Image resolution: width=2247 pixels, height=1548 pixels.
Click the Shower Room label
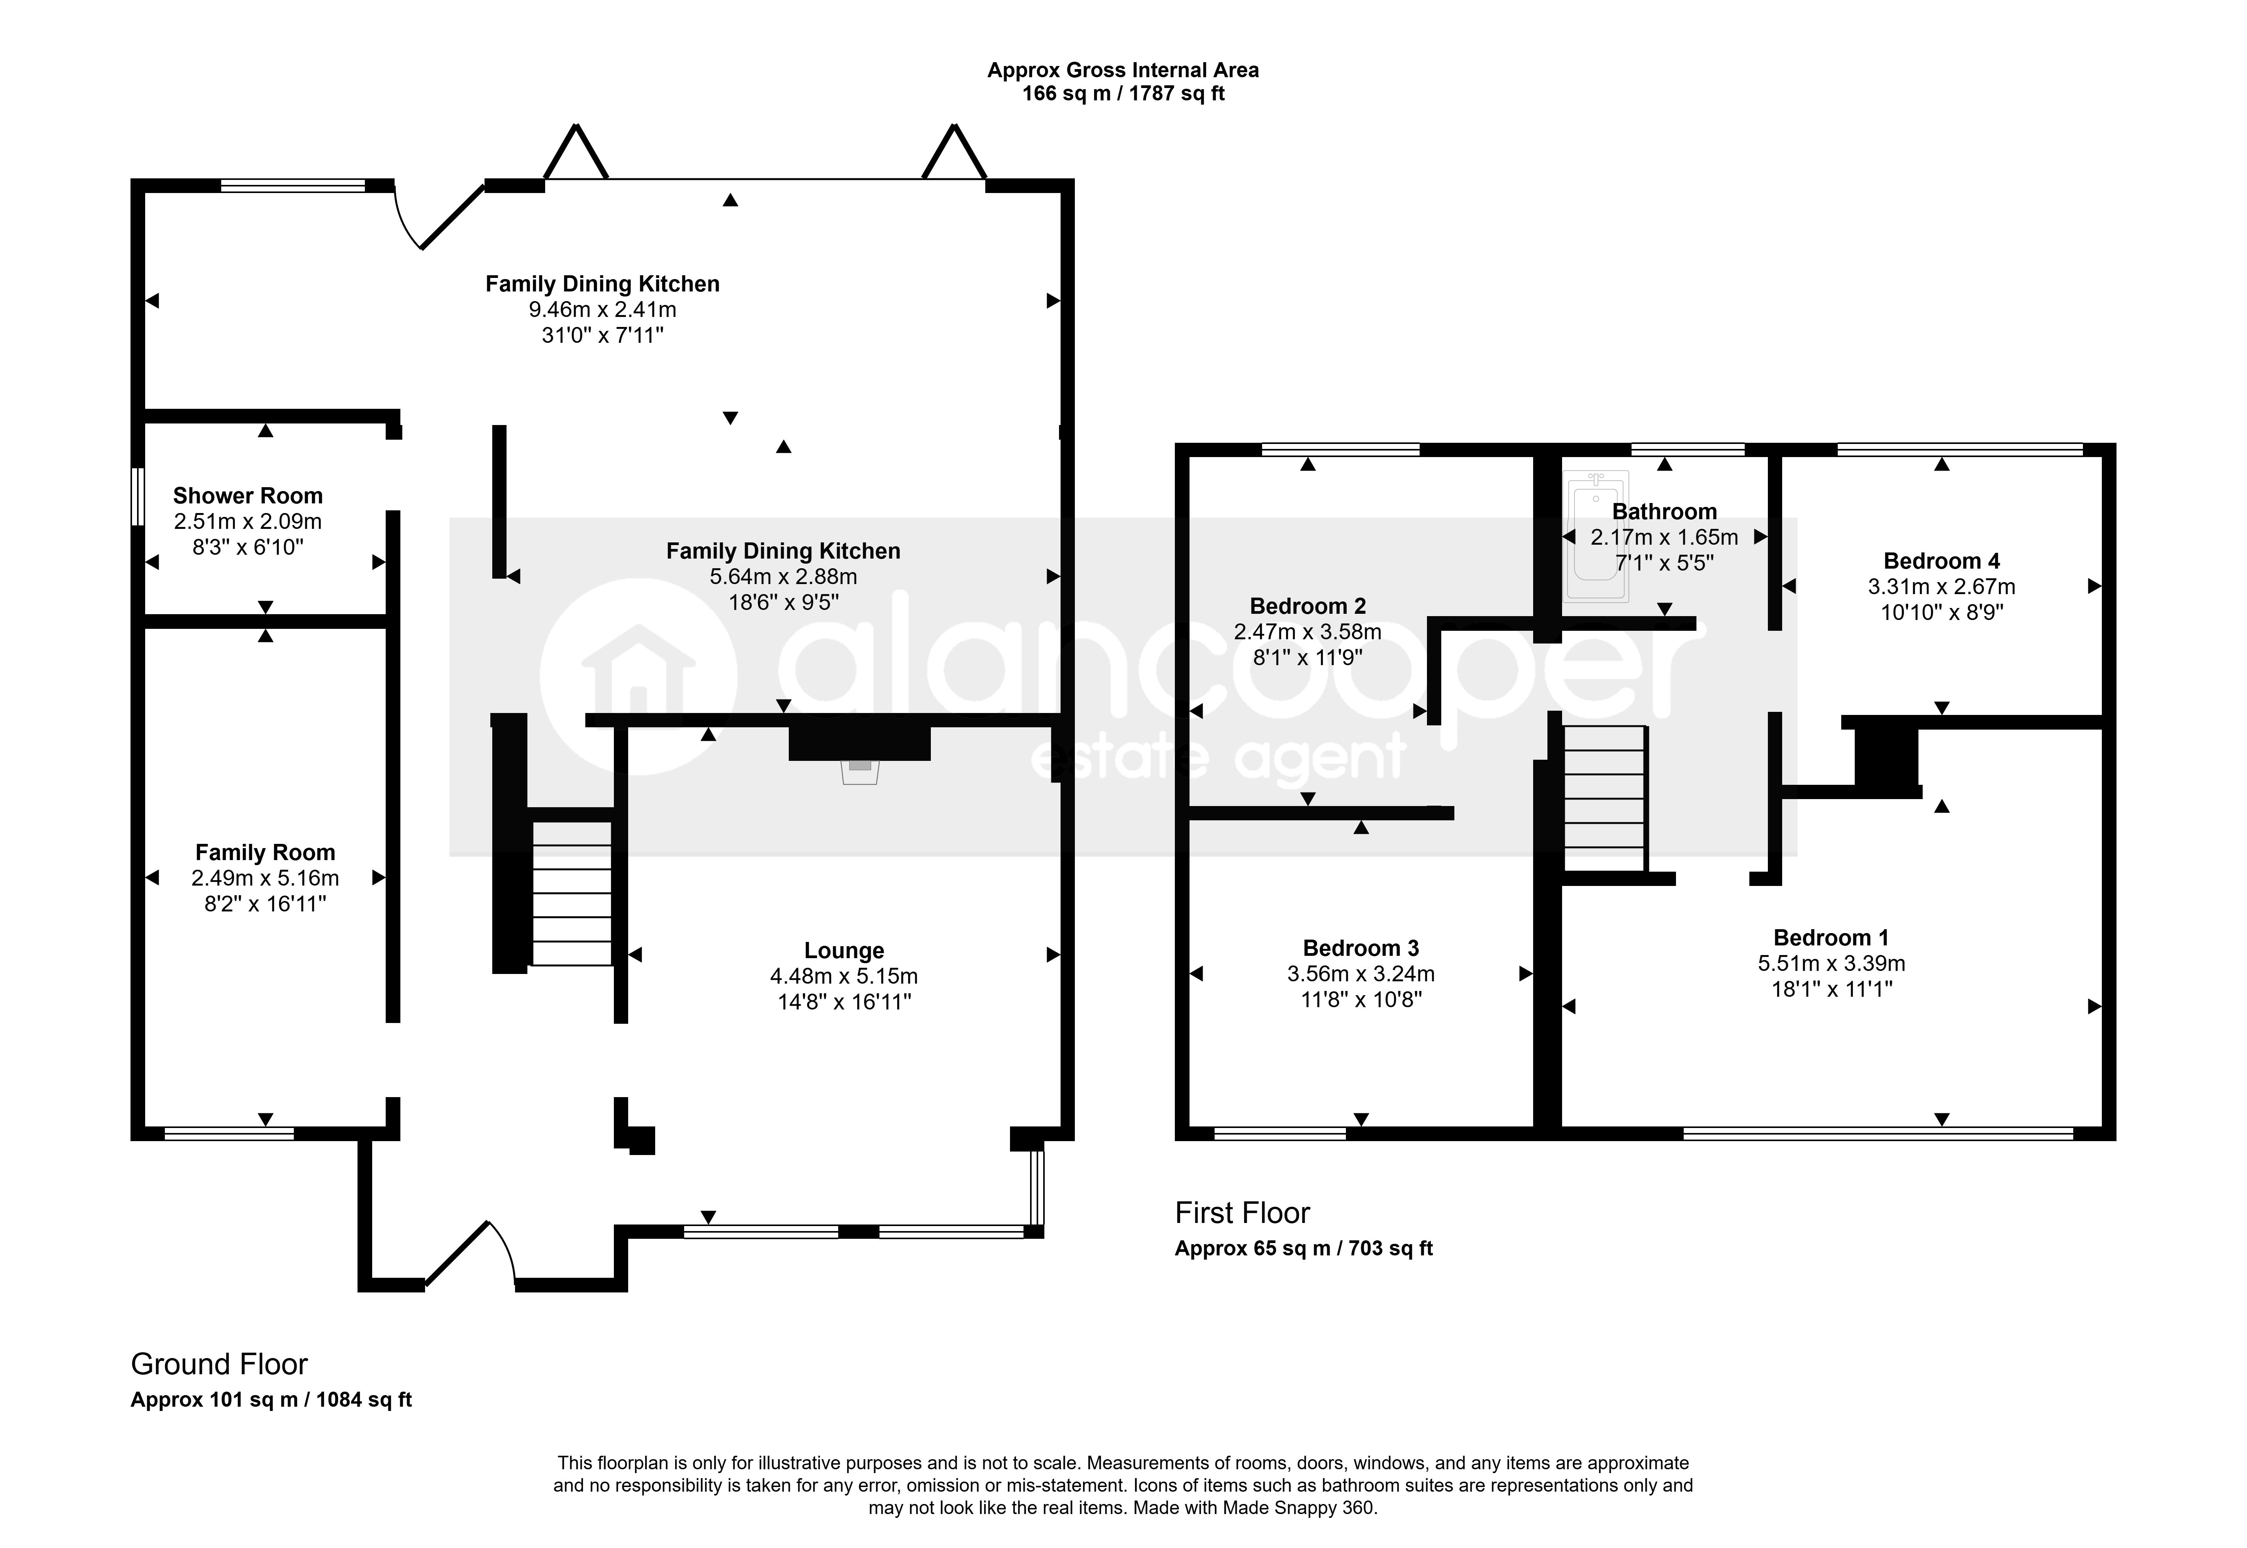[x=247, y=496]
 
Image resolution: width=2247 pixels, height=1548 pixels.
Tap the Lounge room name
[x=844, y=950]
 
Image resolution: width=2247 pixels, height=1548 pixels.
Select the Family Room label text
[x=265, y=853]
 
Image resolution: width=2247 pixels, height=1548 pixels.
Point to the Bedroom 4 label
[x=1940, y=561]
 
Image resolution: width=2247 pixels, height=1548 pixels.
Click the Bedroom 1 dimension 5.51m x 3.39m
[x=1831, y=963]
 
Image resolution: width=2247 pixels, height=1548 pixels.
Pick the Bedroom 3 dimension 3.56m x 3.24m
[x=1361, y=974]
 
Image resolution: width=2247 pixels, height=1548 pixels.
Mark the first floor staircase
[x=1605, y=798]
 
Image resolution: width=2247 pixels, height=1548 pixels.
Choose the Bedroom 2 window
[x=1340, y=449]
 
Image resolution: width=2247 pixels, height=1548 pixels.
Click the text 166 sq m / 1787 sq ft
[x=1123, y=94]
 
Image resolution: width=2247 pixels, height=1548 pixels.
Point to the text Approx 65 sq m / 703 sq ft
[x=1303, y=1248]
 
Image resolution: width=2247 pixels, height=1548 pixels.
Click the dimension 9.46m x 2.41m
[x=602, y=309]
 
